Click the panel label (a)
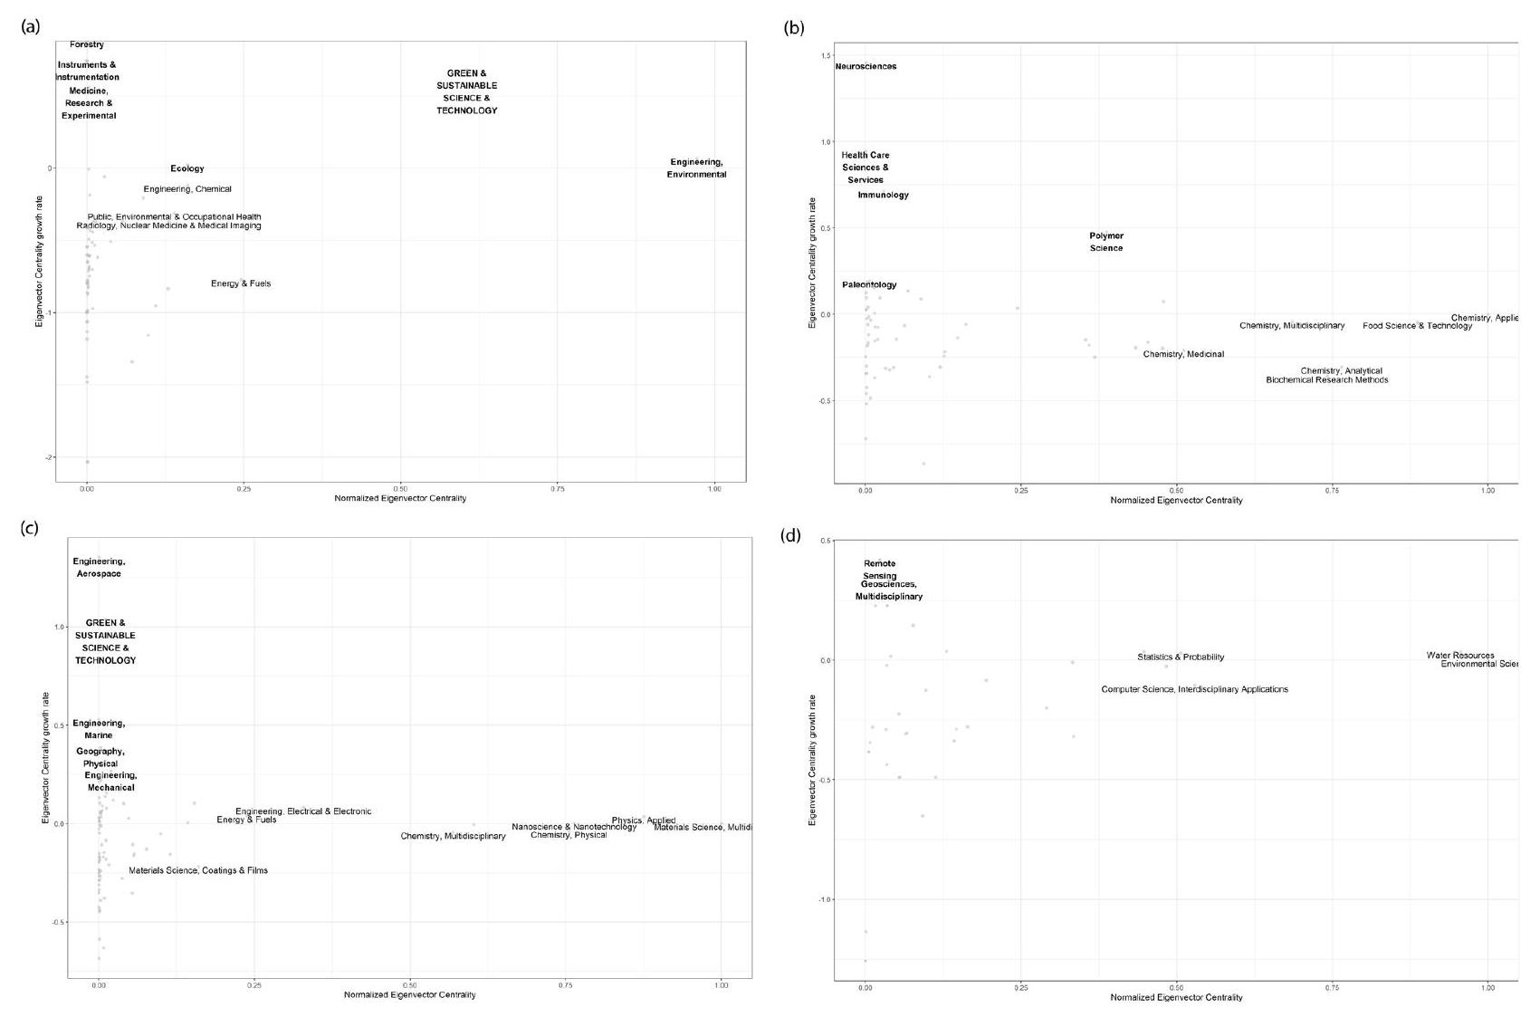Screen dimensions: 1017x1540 click(31, 26)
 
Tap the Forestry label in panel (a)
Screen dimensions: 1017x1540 click(87, 44)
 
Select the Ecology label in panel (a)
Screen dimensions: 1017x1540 click(187, 168)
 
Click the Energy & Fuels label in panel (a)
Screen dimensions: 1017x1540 click(241, 283)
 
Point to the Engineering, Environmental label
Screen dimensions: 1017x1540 click(696, 168)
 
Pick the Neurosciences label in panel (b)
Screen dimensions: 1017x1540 click(866, 66)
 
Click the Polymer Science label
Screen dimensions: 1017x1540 click(1106, 242)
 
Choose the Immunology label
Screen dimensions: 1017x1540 click(883, 195)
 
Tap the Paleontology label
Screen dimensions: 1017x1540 click(869, 284)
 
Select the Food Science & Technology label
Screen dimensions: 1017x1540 click(1417, 326)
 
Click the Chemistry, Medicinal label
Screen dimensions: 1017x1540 click(1183, 354)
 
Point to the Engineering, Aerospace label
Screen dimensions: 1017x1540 click(99, 568)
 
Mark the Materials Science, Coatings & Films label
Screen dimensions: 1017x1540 click(198, 870)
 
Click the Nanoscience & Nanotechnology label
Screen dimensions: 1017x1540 click(574, 827)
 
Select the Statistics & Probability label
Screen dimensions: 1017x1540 click(1181, 657)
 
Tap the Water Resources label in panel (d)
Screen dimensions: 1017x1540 click(1460, 656)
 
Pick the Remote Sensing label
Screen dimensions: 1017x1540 click(879, 570)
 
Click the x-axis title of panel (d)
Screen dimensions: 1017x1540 click(1176, 997)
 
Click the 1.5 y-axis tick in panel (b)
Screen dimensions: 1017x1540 click(825, 56)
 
